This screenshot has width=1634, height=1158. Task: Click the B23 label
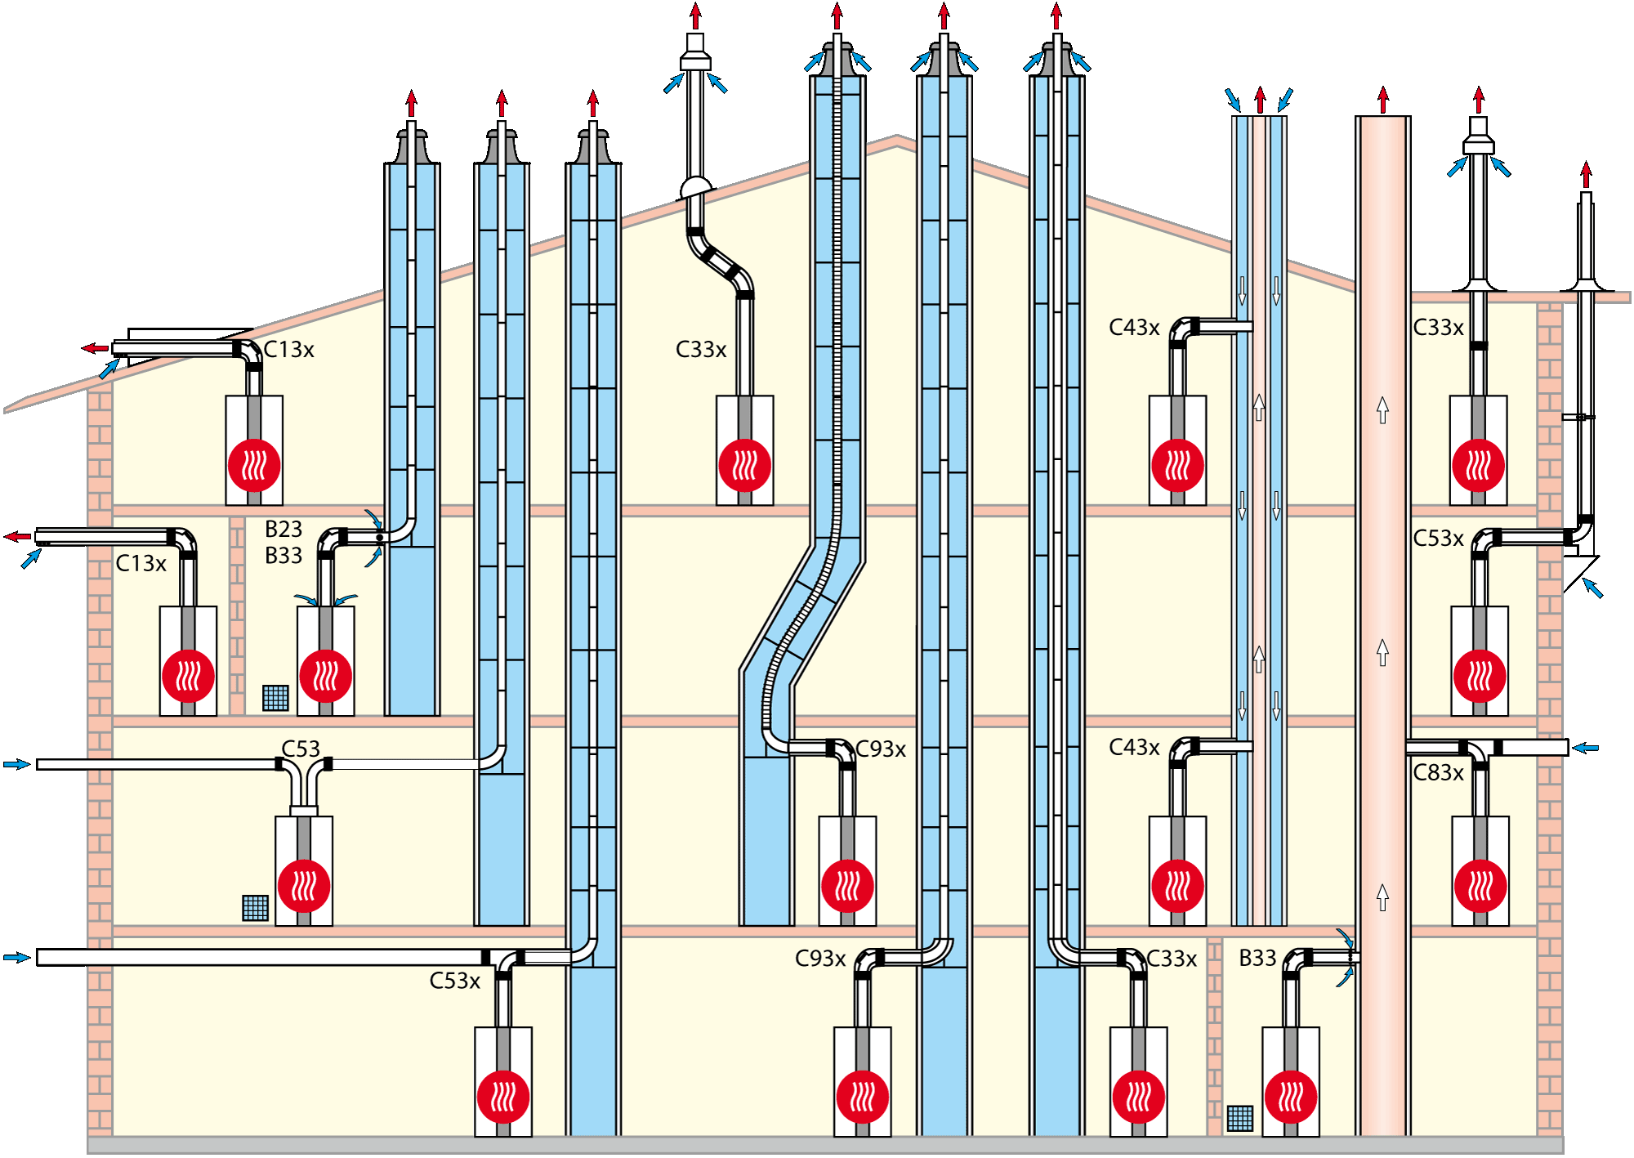coord(283,530)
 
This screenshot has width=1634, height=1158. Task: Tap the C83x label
coord(1438,773)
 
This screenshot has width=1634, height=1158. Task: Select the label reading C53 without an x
coord(301,749)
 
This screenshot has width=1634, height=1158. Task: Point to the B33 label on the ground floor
coord(1257,959)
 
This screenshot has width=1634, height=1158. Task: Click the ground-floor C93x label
coord(820,959)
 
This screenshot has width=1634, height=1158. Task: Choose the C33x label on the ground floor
coord(1172,959)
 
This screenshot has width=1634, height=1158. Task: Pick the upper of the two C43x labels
coord(1134,328)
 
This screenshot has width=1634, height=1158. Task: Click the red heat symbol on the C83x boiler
coord(1480,887)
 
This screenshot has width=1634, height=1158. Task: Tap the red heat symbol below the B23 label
coord(326,677)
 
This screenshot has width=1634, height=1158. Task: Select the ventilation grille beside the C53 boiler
coord(256,908)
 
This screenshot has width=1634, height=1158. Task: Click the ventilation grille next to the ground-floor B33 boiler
coord(1239,1118)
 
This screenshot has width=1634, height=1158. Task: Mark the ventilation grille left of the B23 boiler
coord(275,698)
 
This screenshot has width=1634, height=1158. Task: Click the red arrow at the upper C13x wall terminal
coord(95,349)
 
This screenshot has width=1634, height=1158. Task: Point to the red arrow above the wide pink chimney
coord(1383,101)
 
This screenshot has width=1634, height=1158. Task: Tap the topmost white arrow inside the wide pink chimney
coord(1382,409)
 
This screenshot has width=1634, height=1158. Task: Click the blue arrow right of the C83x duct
coord(1586,748)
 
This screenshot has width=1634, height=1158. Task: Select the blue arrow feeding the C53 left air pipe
coord(16,764)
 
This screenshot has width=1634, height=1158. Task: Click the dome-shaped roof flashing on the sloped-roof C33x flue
coord(695,187)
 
